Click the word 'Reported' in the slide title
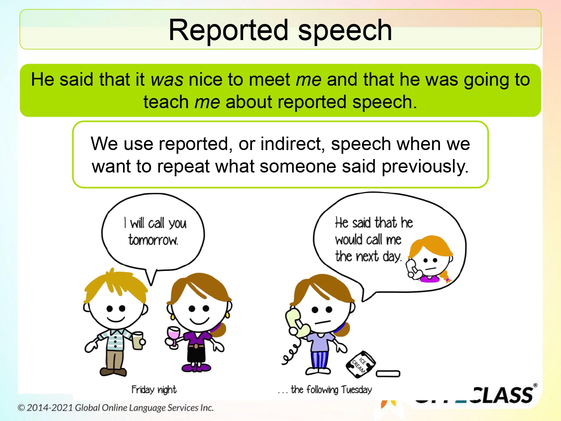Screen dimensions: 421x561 click(229, 31)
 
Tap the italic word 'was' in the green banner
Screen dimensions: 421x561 click(167, 80)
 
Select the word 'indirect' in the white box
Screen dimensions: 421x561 click(292, 144)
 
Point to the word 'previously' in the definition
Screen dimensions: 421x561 click(424, 167)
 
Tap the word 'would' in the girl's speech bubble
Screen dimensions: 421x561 click(349, 240)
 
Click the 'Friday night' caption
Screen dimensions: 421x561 click(154, 390)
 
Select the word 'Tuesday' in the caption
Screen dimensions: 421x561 click(356, 390)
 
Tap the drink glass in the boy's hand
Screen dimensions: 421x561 click(138, 340)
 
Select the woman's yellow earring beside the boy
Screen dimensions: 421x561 click(172, 317)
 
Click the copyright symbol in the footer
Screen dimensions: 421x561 click(21, 408)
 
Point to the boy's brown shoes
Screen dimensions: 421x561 click(113, 372)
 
